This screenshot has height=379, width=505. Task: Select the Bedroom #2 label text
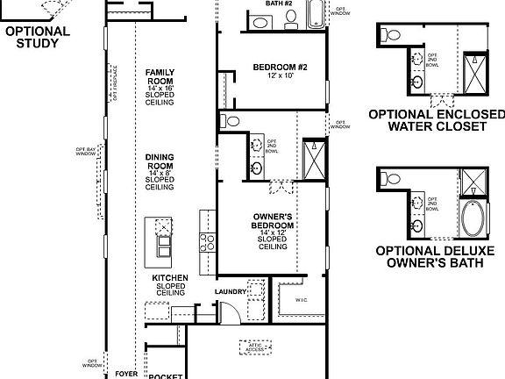coord(279,71)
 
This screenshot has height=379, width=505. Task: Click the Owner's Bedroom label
coord(272,231)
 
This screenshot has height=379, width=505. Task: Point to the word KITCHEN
coord(171,277)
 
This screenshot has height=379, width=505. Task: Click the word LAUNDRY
coord(231,291)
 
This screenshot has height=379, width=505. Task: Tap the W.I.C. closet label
coord(302,299)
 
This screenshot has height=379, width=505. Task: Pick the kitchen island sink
coord(163,230)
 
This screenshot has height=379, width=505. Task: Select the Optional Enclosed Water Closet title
coord(437,120)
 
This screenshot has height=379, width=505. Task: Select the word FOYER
coord(126,374)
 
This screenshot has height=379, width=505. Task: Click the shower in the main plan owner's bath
coord(313,157)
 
